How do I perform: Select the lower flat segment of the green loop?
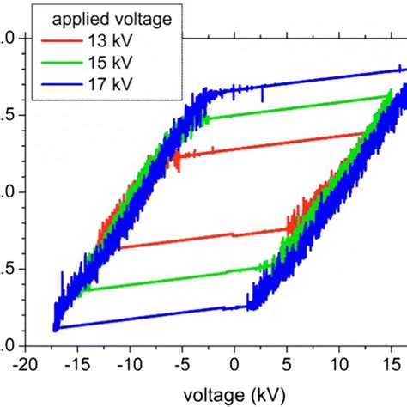(x=172, y=279)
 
